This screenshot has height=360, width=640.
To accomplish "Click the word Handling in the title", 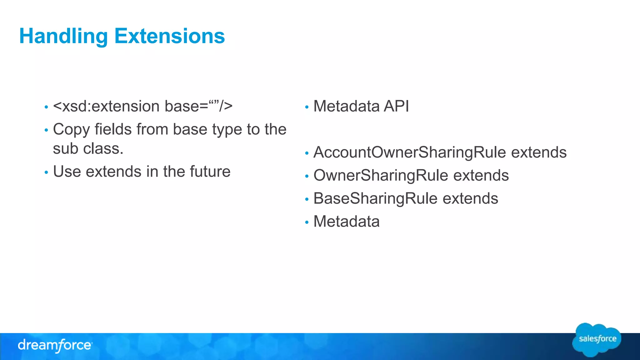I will pos(63,36).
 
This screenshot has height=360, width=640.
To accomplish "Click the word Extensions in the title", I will pos(169,36).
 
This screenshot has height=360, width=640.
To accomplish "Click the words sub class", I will pos(88,148).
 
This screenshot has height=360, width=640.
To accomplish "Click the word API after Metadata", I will pos(396,106).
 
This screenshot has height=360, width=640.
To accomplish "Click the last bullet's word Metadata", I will pos(346,222).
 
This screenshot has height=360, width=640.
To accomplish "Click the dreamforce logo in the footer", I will pos(55,346).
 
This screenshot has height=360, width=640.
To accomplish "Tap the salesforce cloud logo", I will pos(597,340).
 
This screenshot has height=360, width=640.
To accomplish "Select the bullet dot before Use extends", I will pos(46,172).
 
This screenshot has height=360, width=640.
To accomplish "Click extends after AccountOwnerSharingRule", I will pos(539,152).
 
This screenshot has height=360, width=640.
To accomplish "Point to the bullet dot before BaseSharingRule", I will pos(307,199).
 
